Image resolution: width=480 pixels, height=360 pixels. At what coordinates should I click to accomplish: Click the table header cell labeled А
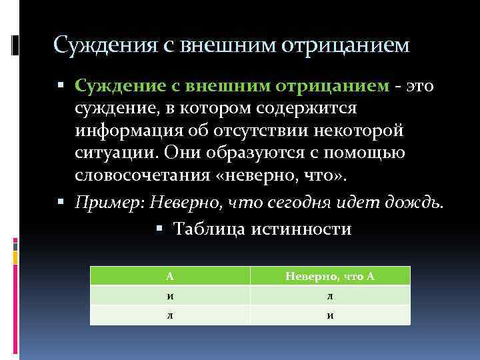coord(170,276)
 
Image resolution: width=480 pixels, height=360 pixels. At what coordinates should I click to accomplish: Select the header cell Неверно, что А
coord(330,276)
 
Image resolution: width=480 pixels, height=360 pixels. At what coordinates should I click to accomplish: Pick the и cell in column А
coord(170,295)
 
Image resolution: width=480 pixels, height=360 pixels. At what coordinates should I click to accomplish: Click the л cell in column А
coord(170,315)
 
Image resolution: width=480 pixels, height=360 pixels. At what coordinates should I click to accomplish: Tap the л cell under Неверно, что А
coord(330,295)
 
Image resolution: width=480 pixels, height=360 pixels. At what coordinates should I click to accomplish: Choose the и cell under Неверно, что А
coord(330,315)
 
